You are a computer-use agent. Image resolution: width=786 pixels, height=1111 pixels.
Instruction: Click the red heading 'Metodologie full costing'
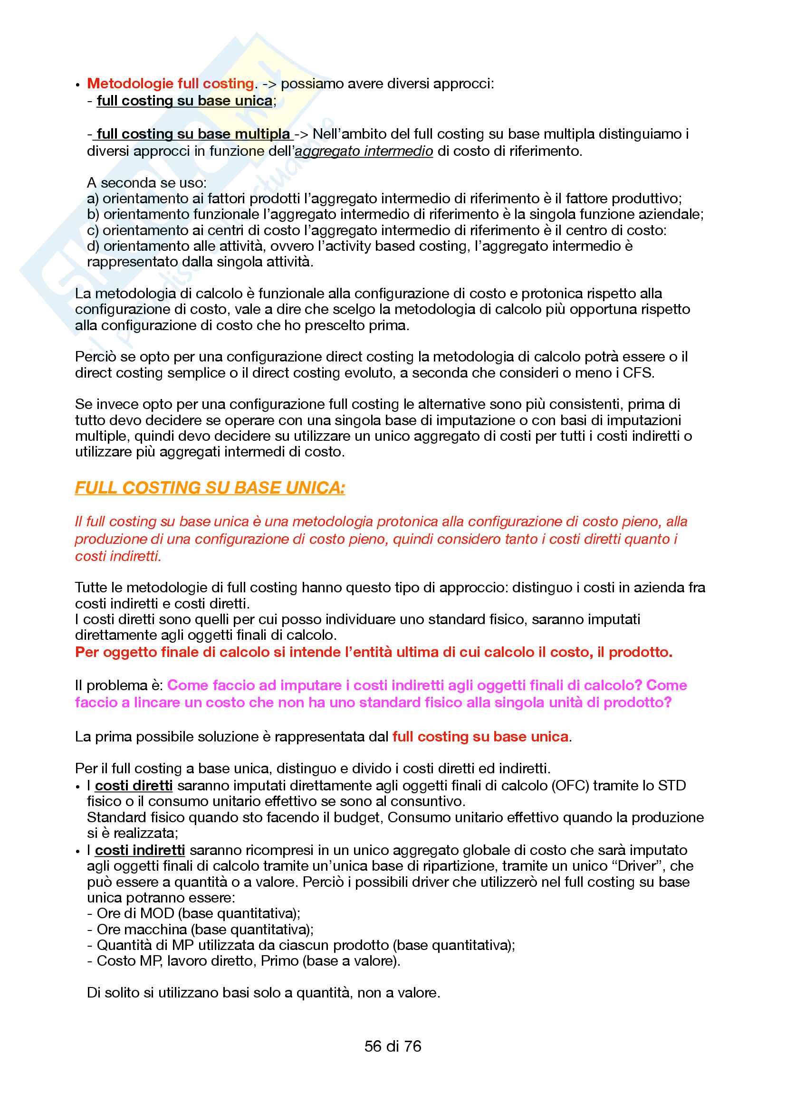pyautogui.click(x=171, y=84)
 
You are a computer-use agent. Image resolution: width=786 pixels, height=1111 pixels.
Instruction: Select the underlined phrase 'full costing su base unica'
pyautogui.click(x=184, y=101)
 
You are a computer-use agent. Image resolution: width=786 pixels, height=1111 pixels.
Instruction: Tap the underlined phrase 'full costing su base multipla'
pyautogui.click(x=193, y=134)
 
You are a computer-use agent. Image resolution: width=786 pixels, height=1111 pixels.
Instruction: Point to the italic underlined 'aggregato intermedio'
pyautogui.click(x=364, y=152)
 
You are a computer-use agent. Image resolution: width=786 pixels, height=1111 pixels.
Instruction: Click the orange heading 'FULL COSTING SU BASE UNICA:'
pyautogui.click(x=210, y=488)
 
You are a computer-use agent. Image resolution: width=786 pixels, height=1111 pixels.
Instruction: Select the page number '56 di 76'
pyautogui.click(x=393, y=1046)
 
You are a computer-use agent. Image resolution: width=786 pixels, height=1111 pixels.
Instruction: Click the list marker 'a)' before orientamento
pyautogui.click(x=93, y=199)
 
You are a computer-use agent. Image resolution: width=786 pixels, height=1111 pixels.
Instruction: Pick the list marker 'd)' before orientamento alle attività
pyautogui.click(x=93, y=247)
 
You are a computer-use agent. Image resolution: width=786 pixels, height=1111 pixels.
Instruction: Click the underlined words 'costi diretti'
pyautogui.click(x=134, y=786)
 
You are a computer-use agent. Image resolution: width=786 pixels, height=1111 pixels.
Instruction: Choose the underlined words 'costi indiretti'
pyautogui.click(x=140, y=850)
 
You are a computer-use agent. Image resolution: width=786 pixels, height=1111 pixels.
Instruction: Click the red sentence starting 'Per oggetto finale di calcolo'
pyautogui.click(x=374, y=652)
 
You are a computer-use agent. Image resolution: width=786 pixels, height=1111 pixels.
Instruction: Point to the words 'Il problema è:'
pyautogui.click(x=119, y=686)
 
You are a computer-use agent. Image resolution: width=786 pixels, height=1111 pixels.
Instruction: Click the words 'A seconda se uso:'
pyautogui.click(x=147, y=183)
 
